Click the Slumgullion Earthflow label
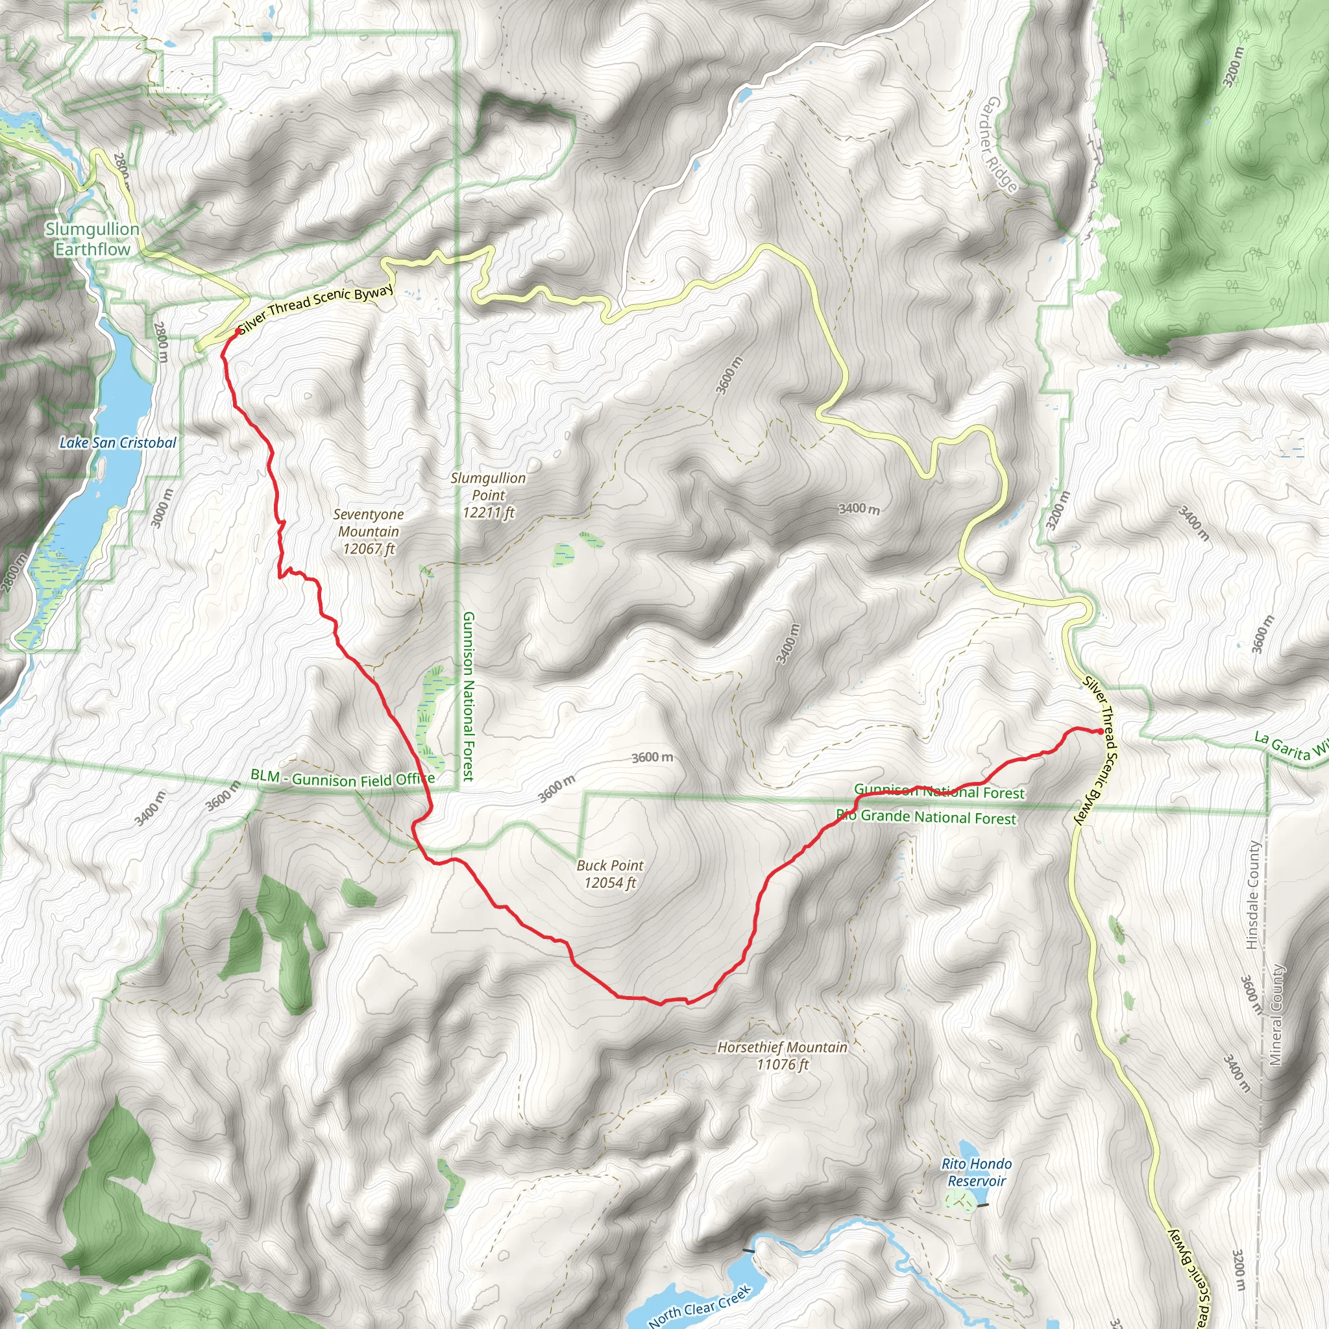[92, 239]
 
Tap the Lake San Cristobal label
[117, 443]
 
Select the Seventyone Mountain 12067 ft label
[369, 531]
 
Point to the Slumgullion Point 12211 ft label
[489, 494]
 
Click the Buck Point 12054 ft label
[610, 873]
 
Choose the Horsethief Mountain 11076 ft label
[782, 1055]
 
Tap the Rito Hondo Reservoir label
[976, 1172]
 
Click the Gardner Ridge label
[1000, 145]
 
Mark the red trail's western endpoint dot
[238, 332]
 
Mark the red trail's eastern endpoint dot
[1101, 731]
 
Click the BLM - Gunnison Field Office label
[342, 778]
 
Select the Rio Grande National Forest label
[926, 817]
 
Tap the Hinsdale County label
[1252, 895]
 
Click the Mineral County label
[1276, 1015]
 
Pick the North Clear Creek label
[699, 1305]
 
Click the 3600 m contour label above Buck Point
[652, 757]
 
